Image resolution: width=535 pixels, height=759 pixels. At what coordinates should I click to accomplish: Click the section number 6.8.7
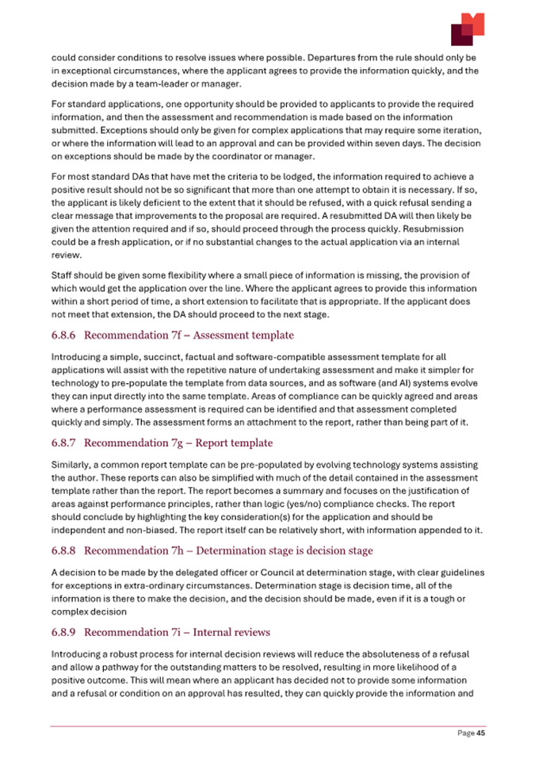[x=64, y=442]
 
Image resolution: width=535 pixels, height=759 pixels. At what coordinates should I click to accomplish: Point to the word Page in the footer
[x=464, y=734]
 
